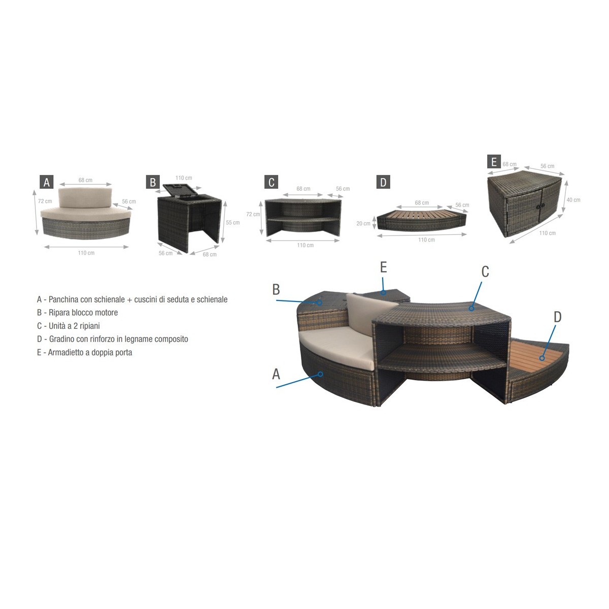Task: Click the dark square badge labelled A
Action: click(x=47, y=182)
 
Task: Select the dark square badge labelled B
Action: click(x=153, y=182)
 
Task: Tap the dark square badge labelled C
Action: click(x=272, y=182)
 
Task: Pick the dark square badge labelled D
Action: click(x=383, y=182)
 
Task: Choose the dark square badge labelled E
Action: click(x=494, y=161)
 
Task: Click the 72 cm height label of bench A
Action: click(x=45, y=201)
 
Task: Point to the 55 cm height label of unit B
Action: click(x=232, y=222)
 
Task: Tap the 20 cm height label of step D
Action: click(x=363, y=223)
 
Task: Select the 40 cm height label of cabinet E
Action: click(x=573, y=200)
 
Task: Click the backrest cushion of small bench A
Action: click(x=85, y=197)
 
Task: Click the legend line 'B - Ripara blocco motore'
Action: click(x=78, y=313)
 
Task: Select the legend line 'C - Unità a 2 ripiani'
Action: click(x=69, y=326)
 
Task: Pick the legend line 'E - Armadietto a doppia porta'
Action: click(x=84, y=352)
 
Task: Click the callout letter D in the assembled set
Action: click(x=557, y=317)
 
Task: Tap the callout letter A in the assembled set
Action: click(x=276, y=374)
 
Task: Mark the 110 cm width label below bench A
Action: click(x=86, y=253)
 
